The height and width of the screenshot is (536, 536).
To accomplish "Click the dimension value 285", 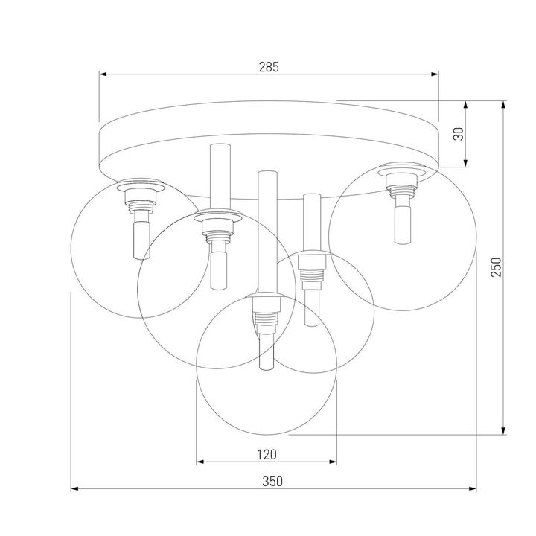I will pos(269,67).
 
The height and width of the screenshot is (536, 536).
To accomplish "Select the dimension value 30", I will pos(459,134).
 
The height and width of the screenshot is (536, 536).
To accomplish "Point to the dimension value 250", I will pos(497,266).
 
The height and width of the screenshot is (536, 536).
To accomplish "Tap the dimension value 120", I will pos(267,454).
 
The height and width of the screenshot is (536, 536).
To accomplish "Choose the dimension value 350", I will pos(273,481).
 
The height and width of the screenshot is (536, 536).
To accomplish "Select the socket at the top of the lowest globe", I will pos(266,313).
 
